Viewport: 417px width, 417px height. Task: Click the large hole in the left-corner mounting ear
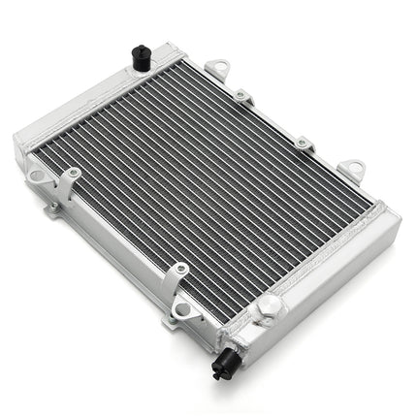(37, 176)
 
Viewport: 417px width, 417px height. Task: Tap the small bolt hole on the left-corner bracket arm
(72, 175)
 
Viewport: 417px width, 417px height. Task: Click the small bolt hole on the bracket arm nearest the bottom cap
(179, 273)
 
